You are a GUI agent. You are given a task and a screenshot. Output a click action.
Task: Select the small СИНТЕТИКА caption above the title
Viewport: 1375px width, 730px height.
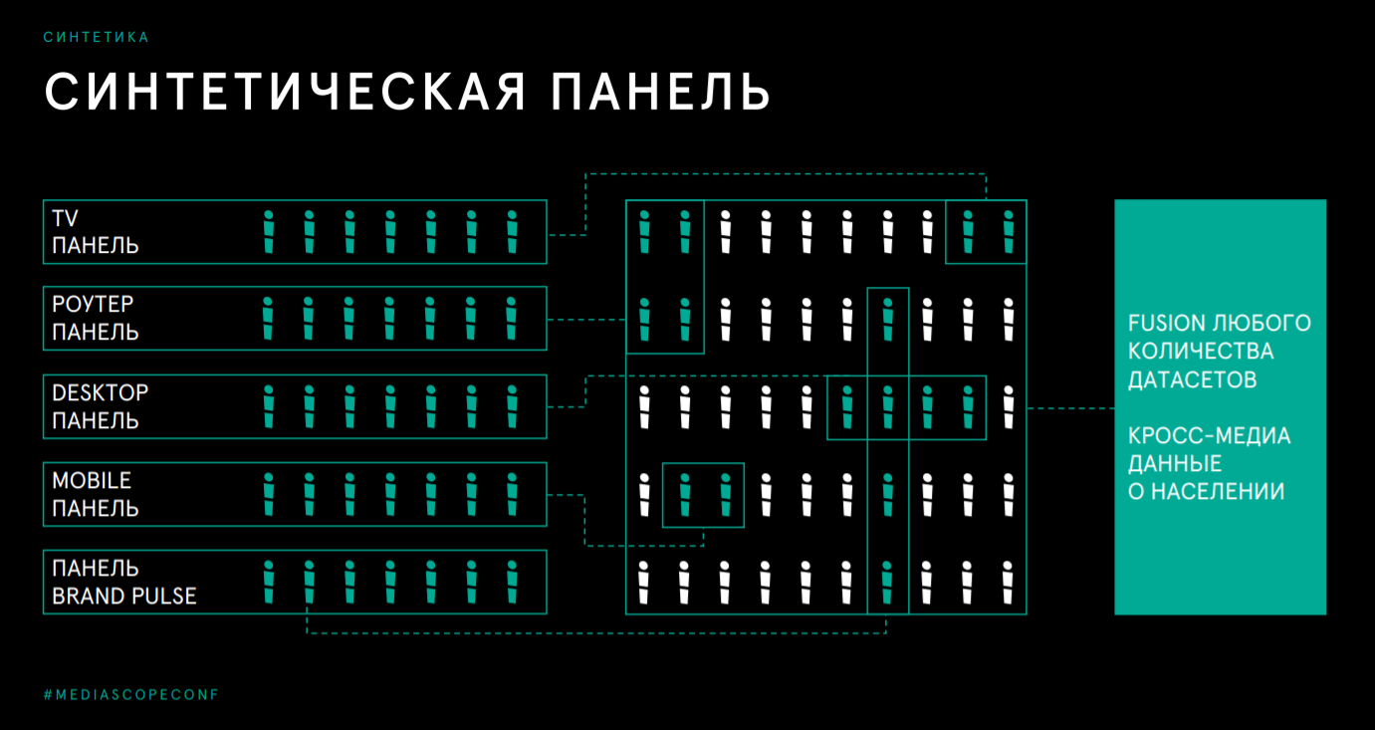[x=97, y=37]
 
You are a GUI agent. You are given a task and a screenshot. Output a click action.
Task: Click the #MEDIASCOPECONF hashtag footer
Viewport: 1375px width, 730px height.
[x=130, y=694]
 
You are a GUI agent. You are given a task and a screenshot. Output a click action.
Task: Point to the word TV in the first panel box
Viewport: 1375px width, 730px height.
[x=66, y=218]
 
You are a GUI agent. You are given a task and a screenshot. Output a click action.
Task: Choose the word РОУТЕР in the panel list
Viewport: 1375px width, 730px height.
[x=93, y=305]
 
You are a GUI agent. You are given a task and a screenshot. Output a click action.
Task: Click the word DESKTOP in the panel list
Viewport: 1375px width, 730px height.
[x=101, y=392]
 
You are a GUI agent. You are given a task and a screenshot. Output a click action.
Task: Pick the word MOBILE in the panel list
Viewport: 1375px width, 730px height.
[x=92, y=480]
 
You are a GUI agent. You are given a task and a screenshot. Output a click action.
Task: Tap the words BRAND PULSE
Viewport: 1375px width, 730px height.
[x=124, y=596]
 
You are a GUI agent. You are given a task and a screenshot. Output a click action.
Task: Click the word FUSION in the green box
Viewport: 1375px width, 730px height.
[x=1166, y=324]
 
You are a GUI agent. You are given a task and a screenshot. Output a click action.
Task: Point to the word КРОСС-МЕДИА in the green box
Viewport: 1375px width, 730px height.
[x=1209, y=436]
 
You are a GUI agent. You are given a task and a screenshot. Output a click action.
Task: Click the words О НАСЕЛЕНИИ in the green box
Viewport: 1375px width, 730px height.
[x=1206, y=491]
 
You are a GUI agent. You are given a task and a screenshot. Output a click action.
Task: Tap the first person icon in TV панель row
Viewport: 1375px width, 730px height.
[x=268, y=232]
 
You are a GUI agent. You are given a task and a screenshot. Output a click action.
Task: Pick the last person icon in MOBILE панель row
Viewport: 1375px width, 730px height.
[x=513, y=494]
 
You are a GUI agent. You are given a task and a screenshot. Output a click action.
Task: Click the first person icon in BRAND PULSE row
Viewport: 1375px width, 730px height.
[x=268, y=582]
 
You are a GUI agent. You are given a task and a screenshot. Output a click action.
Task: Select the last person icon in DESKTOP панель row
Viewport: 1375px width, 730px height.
[x=513, y=406]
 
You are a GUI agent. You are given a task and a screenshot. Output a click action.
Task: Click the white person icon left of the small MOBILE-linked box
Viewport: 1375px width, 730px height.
[x=644, y=494]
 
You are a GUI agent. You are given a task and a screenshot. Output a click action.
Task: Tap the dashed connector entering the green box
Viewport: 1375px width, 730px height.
[x=1070, y=407]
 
